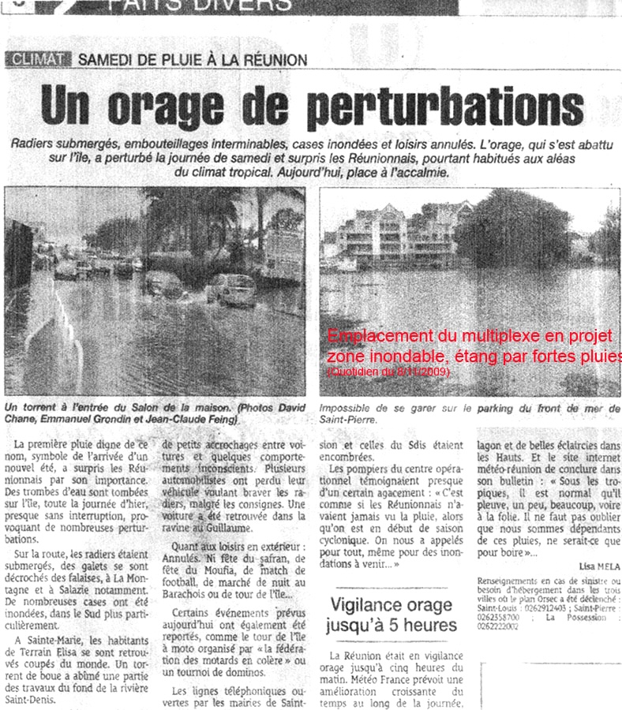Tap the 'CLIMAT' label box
point(38,59)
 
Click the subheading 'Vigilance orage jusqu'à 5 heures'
point(392,615)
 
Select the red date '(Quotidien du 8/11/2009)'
point(388,370)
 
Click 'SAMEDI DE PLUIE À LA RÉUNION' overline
point(193,60)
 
